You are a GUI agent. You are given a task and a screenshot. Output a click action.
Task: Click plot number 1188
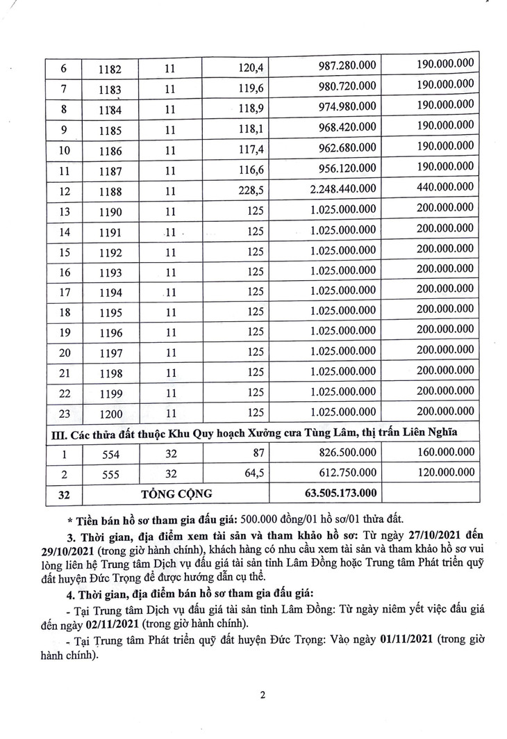[110, 190]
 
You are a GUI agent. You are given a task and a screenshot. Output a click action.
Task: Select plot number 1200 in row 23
[110, 414]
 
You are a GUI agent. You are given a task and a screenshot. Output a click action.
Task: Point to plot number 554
[110, 454]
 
